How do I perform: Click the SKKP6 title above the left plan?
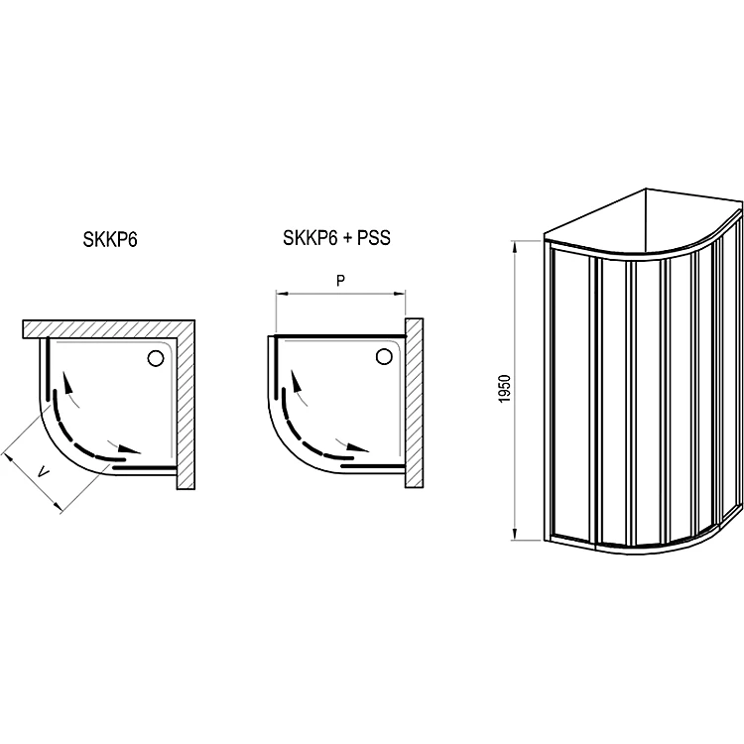[110, 240]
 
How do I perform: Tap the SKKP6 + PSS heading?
[336, 238]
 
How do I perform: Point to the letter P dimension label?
[340, 281]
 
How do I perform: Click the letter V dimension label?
[44, 472]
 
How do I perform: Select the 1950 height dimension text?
[505, 390]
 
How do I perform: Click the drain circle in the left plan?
[155, 358]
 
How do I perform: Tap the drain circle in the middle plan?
[384, 356]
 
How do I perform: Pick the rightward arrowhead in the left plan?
[130, 448]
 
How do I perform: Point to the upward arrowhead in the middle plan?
[296, 380]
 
